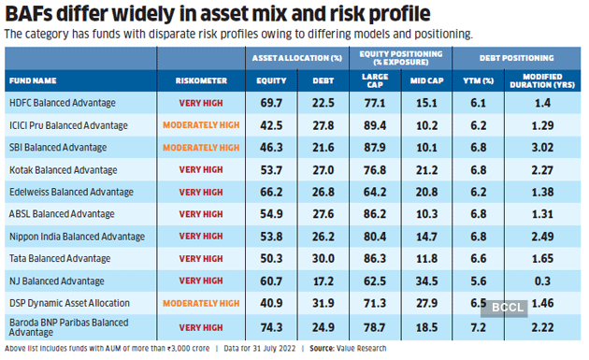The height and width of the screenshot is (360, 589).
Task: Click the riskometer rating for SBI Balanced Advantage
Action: pos(202,147)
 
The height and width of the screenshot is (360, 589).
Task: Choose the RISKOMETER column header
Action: pos(201,80)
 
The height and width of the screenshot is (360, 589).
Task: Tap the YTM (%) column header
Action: pos(478,80)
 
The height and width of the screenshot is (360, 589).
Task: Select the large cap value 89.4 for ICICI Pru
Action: pos(374,124)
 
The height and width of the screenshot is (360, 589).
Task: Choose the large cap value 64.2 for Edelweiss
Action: pos(374,191)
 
